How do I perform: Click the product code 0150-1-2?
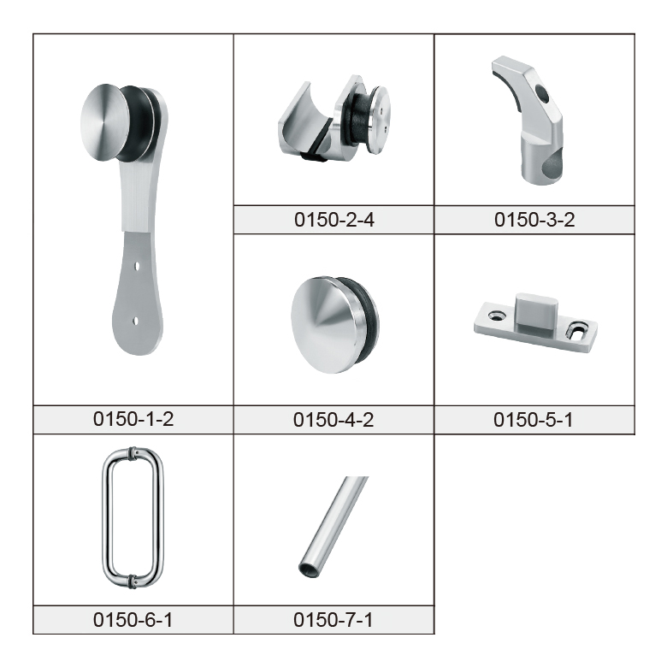tap(133, 419)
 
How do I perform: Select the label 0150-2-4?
tap(333, 220)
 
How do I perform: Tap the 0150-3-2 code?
tap(534, 220)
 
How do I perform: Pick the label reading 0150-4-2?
tap(333, 420)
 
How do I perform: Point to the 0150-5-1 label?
tap(533, 420)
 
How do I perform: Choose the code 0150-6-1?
tap(133, 620)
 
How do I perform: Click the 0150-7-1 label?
tap(333, 620)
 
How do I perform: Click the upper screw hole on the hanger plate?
tap(137, 266)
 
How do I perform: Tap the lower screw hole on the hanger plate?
tap(136, 322)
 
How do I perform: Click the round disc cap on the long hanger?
tap(99, 122)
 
